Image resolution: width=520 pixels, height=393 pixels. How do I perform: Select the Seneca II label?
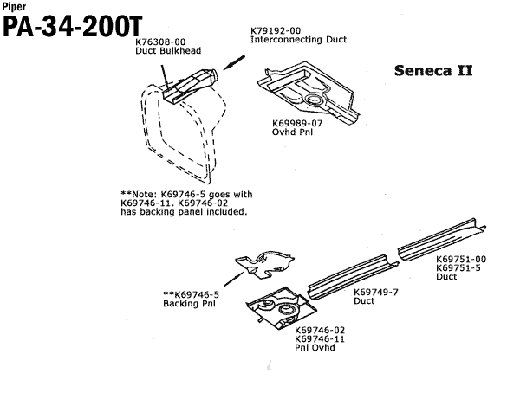pyautogui.click(x=432, y=69)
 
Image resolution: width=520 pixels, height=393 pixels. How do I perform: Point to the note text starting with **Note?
pyautogui.click(x=185, y=203)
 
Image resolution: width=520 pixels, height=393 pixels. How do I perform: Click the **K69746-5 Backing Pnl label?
pyautogui.click(x=191, y=298)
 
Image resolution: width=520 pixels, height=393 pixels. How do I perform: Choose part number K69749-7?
pyautogui.click(x=376, y=292)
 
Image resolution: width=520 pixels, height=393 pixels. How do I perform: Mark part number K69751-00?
pyautogui.click(x=460, y=258)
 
